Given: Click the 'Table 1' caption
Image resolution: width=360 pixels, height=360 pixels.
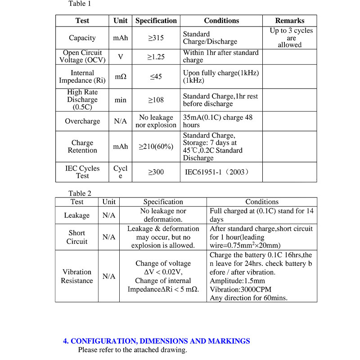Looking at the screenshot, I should [80, 4].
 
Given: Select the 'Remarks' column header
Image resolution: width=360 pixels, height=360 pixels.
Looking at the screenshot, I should [289, 21].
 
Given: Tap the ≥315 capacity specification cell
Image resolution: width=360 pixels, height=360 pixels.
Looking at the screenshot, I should [156, 38].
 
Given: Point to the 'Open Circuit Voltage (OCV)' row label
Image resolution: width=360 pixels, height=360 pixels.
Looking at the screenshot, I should [82, 56].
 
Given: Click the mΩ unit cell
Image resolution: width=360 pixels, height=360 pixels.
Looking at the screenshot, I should [120, 77].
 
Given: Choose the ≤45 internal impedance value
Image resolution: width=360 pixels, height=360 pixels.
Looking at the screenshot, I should [156, 77].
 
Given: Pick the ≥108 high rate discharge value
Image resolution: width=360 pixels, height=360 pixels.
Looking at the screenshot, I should [156, 100].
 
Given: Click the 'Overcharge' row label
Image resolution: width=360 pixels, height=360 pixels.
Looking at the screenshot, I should [82, 121].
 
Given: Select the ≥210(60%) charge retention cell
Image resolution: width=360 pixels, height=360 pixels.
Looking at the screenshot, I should [156, 147].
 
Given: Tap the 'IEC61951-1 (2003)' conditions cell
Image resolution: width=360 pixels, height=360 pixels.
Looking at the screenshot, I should [217, 172].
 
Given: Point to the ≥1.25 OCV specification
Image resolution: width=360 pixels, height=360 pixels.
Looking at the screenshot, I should [156, 57].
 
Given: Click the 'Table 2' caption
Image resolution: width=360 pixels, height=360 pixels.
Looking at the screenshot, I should [80, 193].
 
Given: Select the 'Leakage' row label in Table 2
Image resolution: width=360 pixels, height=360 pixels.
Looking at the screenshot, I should [76, 216].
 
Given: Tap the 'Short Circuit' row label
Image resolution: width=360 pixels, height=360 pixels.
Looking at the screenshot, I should [76, 237].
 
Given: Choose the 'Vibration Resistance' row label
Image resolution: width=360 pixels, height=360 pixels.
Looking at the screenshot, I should [76, 276].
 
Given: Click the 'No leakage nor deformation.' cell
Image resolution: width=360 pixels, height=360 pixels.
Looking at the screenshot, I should [163, 216].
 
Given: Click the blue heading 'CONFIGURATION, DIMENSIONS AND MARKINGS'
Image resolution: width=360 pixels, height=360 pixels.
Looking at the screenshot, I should [156, 341].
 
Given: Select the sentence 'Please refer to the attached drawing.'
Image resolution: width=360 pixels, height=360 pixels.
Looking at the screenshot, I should [132, 350].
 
